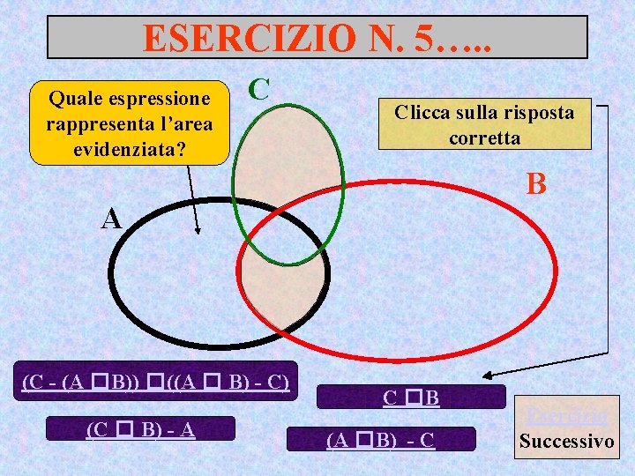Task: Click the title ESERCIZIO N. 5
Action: coord(317,37)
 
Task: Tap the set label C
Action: coord(258,88)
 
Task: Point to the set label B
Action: coord(537,184)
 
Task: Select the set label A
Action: coord(111,219)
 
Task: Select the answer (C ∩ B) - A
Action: coord(140,429)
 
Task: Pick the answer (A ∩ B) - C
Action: coord(380,438)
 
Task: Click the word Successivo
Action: coord(567,441)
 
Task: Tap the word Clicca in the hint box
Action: coord(423,112)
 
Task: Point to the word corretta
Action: coord(484,138)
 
